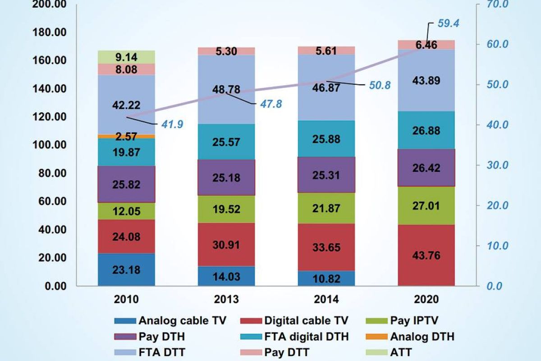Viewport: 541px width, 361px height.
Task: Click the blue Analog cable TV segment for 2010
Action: [126, 269]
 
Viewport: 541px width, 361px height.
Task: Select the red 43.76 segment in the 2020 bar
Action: [426, 255]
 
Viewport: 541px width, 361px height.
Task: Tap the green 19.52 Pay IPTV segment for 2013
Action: [226, 208]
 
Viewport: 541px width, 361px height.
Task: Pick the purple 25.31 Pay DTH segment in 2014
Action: [326, 174]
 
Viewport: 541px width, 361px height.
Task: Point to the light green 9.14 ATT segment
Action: [126, 57]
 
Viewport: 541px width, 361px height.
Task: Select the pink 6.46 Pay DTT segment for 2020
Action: [426, 44]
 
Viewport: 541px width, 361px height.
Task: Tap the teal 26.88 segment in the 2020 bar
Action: [426, 130]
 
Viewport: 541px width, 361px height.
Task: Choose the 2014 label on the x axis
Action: [326, 299]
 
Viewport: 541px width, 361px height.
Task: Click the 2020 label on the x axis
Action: [426, 299]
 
